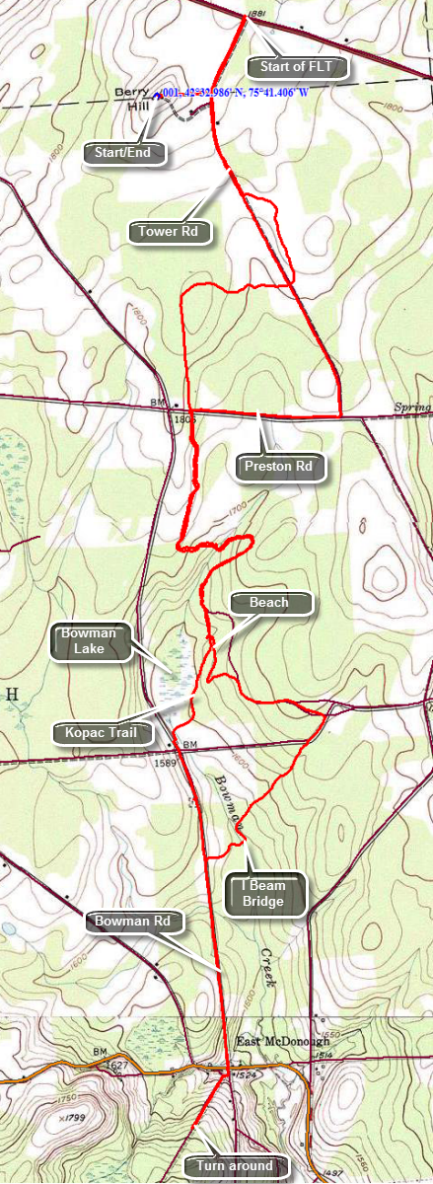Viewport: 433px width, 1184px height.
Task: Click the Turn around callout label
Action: pyautogui.click(x=235, y=1165)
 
